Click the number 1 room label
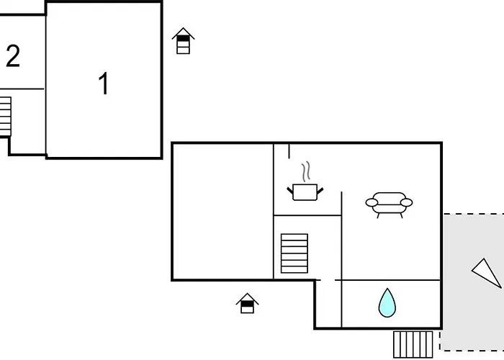point(104,83)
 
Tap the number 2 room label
point(13,56)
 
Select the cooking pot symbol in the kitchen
point(305,192)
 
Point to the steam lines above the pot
point(306,171)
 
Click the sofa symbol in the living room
point(389,205)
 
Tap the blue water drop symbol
point(387,302)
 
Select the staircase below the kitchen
point(294,253)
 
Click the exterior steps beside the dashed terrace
point(413,345)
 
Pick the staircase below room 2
point(6,117)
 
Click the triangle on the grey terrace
point(487,273)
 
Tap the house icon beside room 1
point(183,41)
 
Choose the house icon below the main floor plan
point(247,303)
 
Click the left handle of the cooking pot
point(290,191)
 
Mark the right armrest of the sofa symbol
point(406,202)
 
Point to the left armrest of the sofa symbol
point(372,202)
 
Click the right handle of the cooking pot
point(320,191)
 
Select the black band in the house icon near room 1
point(183,39)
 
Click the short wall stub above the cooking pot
point(289,151)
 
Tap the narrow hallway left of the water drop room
point(328,304)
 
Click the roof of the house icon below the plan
point(247,298)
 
